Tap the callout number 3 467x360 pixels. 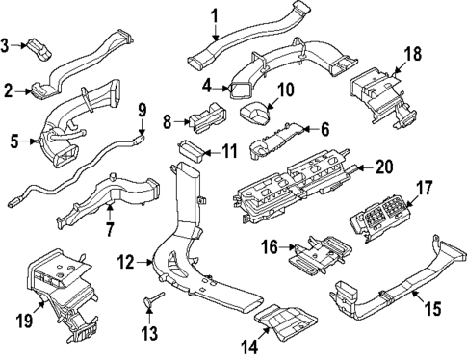(8, 44)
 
